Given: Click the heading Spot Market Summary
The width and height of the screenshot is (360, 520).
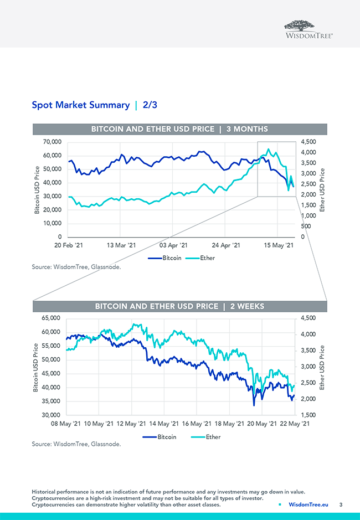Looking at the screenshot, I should (x=80, y=105).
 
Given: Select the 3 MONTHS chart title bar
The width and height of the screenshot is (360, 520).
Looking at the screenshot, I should (x=179, y=129).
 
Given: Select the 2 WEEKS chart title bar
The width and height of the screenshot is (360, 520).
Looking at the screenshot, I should (x=179, y=306).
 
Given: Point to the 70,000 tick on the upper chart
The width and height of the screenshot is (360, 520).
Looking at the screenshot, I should (x=52, y=142).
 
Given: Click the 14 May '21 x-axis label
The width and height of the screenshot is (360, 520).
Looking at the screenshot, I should (x=164, y=424).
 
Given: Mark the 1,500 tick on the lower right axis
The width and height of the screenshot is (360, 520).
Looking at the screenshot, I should (x=309, y=415).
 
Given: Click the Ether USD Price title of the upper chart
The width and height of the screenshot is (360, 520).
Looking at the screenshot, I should (x=322, y=189).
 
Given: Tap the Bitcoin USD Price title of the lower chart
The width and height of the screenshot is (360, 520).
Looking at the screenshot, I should (x=37, y=368).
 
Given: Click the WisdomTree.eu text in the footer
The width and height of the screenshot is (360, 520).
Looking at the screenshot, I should (x=308, y=504).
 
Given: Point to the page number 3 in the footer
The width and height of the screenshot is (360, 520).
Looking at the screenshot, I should (x=341, y=504).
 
